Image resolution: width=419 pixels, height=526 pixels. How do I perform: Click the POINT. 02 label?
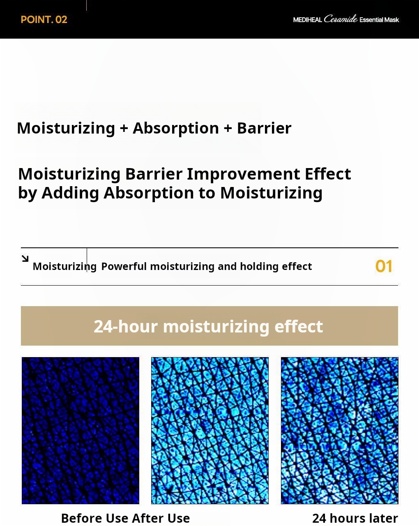(x=44, y=20)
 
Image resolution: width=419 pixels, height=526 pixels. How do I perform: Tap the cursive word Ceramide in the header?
(x=341, y=19)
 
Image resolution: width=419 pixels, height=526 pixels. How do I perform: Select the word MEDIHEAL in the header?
(x=307, y=20)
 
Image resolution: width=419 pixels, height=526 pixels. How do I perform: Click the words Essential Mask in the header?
(x=379, y=20)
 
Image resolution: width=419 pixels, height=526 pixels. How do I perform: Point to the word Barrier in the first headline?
(x=264, y=128)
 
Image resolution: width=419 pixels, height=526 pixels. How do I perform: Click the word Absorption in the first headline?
(x=176, y=129)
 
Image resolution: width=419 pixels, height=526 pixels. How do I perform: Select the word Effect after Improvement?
(x=328, y=174)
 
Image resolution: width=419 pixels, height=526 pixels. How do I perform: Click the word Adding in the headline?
(x=70, y=193)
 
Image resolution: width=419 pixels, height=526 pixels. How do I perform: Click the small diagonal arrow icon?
(x=25, y=258)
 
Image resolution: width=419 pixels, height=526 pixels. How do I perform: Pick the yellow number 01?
(x=384, y=266)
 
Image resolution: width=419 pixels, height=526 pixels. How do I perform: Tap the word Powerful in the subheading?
(x=124, y=266)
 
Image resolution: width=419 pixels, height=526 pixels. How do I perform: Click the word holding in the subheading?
(x=259, y=267)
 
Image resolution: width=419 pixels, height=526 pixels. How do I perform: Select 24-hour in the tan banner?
(x=126, y=326)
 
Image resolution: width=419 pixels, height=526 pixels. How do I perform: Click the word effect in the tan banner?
(x=299, y=326)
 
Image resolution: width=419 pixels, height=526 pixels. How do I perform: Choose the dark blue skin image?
(x=81, y=430)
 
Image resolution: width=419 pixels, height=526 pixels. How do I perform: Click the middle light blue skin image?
(x=210, y=430)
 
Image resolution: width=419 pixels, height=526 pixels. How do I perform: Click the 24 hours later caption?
(x=355, y=518)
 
